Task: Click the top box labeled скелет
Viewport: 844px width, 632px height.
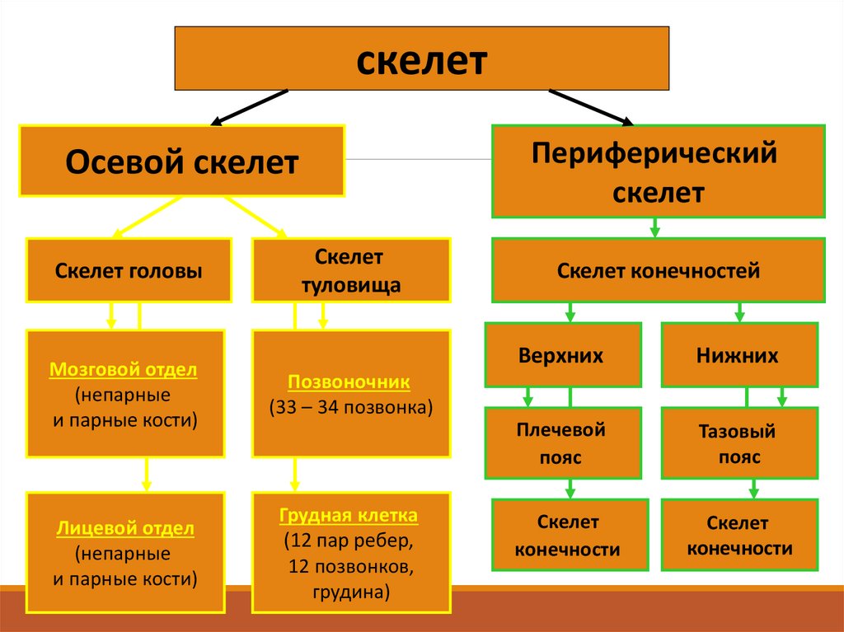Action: (x=421, y=58)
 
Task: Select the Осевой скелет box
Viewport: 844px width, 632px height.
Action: (x=181, y=161)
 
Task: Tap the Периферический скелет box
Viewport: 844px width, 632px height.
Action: (x=658, y=171)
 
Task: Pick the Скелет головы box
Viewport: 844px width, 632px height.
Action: (x=129, y=270)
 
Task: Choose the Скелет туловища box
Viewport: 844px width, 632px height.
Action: (x=350, y=270)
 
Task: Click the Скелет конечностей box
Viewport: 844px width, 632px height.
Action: (x=658, y=270)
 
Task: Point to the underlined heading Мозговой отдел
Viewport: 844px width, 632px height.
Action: (x=124, y=370)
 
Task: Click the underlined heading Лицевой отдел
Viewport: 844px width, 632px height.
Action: (x=125, y=528)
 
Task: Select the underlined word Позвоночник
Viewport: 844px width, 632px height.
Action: (x=349, y=383)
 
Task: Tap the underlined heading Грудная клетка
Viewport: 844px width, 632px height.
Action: (x=349, y=517)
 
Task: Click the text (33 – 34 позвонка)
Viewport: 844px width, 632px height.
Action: (x=350, y=408)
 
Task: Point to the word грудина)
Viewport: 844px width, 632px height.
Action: (x=350, y=592)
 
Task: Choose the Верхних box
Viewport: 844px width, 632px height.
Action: (x=562, y=355)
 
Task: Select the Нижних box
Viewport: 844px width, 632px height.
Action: (x=738, y=355)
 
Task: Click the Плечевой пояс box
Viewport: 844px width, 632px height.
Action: (x=562, y=443)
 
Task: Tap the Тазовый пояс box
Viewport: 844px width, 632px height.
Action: (x=738, y=443)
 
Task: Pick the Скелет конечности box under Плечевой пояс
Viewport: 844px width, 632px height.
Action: (x=567, y=536)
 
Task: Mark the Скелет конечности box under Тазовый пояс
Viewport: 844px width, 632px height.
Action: (x=738, y=536)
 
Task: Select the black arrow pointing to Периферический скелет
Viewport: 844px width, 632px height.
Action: (x=591, y=107)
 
